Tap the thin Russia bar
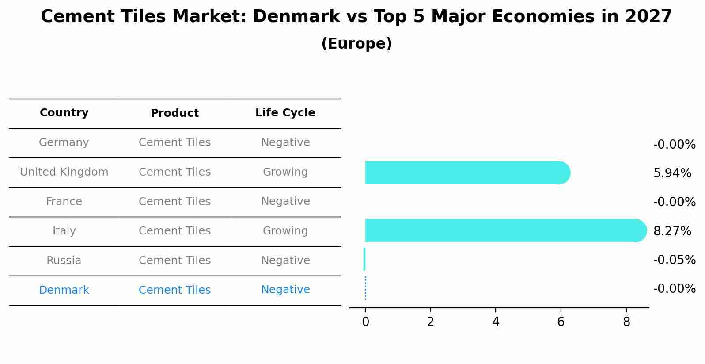pyautogui.click(x=364, y=259)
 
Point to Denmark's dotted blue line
pyautogui.click(x=365, y=288)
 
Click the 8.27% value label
pyautogui.click(x=672, y=231)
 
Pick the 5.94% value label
pyautogui.click(x=672, y=173)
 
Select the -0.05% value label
pyautogui.click(x=674, y=260)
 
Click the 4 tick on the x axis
pyautogui.click(x=496, y=322)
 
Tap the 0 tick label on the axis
pyautogui.click(x=365, y=322)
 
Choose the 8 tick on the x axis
pyautogui.click(x=626, y=322)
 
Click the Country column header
pyautogui.click(x=64, y=113)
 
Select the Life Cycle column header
pyautogui.click(x=285, y=113)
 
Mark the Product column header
pyautogui.click(x=174, y=113)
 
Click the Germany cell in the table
pyautogui.click(x=64, y=142)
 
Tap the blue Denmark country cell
pyautogui.click(x=64, y=290)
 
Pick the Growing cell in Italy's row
pyautogui.click(x=285, y=231)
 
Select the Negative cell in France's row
pyautogui.click(x=285, y=201)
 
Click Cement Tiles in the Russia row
pyautogui.click(x=174, y=261)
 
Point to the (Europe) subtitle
pyautogui.click(x=356, y=44)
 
